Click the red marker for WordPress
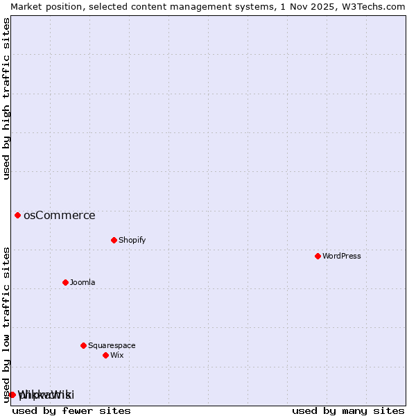tap(318, 256)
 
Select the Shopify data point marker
tap(114, 240)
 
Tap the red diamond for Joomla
tap(65, 282)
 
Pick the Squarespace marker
tap(83, 345)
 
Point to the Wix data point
tap(105, 355)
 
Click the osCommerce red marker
tap(17, 215)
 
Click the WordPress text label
tap(341, 256)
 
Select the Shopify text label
tap(132, 240)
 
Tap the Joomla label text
tap(83, 282)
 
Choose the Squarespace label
tap(112, 345)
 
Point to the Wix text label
tap(116, 355)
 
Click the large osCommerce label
tap(60, 215)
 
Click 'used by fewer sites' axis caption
tap(71, 410)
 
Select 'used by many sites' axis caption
tap(348, 410)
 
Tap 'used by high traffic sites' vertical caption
tap(7, 98)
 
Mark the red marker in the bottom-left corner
tap(12, 395)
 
